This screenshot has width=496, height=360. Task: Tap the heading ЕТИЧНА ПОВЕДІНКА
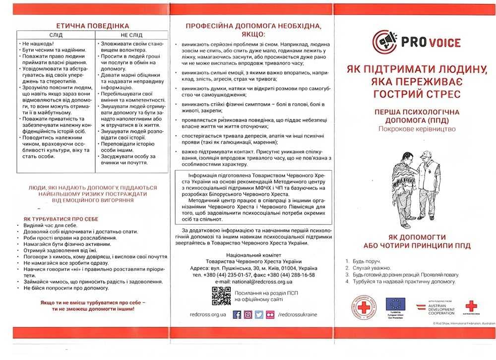(x=93, y=25)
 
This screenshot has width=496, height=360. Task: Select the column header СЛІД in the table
(x=55, y=35)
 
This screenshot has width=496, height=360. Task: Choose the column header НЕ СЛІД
(x=131, y=35)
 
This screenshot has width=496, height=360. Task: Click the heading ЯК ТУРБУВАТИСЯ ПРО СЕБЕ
(x=61, y=219)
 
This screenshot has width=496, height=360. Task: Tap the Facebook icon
(x=237, y=314)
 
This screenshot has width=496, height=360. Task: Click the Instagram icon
(x=248, y=314)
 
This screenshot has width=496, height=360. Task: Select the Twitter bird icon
(x=259, y=314)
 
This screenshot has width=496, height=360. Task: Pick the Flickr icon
(x=270, y=314)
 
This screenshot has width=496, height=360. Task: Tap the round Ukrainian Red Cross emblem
(x=364, y=306)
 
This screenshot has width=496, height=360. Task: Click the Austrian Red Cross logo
(x=471, y=305)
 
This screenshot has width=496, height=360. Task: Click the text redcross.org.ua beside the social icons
(x=208, y=314)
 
